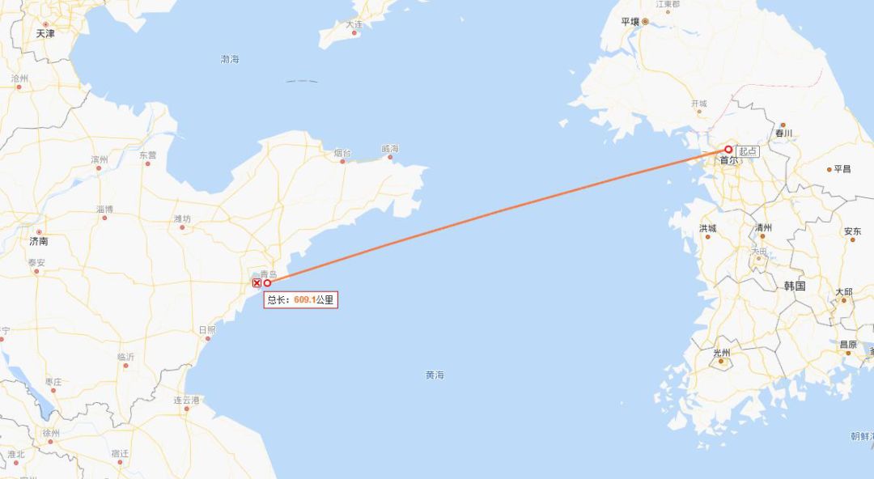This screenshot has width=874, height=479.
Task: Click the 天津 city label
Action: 45,34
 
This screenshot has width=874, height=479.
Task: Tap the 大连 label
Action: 354,24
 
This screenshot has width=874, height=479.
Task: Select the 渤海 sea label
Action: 230,59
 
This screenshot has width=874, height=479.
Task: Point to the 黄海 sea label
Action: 435,375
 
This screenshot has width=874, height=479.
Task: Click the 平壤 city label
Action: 630,22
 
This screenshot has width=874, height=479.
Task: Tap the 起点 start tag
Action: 748,151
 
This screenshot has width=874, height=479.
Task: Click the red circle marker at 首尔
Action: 728,150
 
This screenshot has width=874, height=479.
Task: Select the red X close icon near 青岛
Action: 257,283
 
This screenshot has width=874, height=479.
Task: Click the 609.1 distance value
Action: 304,300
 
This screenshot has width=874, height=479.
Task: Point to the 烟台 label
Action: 342,152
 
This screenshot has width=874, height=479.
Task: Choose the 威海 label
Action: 390,149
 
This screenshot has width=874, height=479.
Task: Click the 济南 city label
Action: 38,241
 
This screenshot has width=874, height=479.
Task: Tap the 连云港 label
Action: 186,400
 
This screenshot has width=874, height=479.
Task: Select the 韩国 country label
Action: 795,286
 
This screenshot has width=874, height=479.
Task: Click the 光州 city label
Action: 721,353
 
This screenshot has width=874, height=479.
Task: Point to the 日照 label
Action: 207,330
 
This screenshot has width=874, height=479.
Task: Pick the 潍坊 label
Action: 182,219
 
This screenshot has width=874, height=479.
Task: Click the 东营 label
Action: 148,155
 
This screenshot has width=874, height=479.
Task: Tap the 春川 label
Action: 783,134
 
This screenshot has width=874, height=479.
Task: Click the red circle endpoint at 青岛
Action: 267,283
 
